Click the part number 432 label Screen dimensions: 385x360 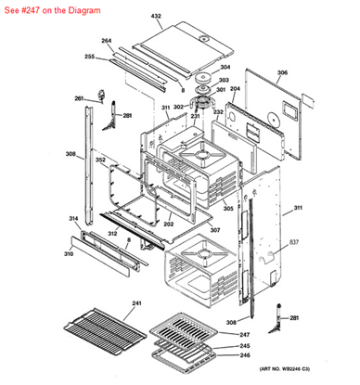pos(156,17)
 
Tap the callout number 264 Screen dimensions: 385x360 pos(107,41)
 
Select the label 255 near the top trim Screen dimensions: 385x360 pos(90,57)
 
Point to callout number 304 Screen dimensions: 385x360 pos(225,67)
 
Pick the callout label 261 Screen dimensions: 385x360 pos(80,98)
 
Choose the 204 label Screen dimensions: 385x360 pos(235,89)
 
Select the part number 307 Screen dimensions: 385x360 pos(214,230)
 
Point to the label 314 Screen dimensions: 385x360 pos(73,219)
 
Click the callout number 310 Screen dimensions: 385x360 pos(68,253)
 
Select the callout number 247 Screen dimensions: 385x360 pos(245,334)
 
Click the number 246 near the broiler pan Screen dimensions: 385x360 pos(245,355)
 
